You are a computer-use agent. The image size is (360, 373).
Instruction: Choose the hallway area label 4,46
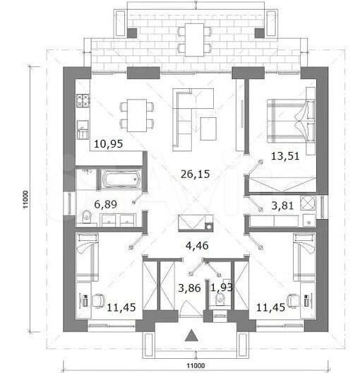coord(197,247)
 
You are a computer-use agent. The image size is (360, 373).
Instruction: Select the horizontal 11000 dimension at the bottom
coord(198,365)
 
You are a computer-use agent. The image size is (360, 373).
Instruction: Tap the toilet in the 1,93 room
coord(220,300)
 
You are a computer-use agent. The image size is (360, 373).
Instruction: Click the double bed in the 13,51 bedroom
coord(289,117)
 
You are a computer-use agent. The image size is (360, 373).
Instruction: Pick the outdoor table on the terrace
coord(193,39)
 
